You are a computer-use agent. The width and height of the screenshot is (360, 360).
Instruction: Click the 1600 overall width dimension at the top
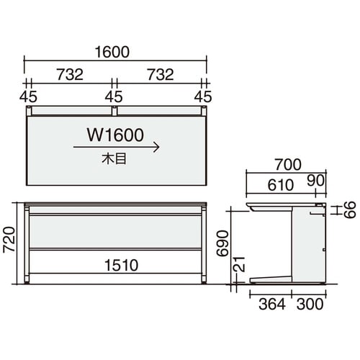tap(112, 52)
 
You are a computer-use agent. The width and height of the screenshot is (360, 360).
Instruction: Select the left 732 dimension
tap(70, 74)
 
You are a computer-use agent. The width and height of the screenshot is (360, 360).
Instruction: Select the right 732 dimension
tap(161, 74)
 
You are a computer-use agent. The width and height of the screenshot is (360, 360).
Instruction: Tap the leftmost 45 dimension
tap(28, 96)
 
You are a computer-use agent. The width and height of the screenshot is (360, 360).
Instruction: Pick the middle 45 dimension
tap(114, 96)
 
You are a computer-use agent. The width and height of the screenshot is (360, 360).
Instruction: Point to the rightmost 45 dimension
tap(203, 96)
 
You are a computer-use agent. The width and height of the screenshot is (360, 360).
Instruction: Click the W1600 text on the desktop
tap(115, 135)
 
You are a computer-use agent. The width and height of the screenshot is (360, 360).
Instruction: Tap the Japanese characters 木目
tap(114, 158)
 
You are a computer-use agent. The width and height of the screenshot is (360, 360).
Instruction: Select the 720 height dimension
tap(9, 239)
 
